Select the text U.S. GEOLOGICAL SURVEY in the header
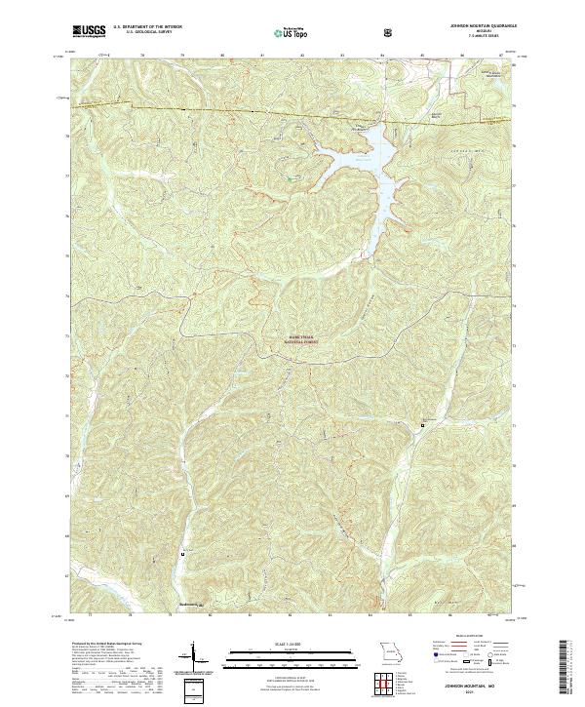(x=142, y=33)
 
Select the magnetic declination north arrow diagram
(x=193, y=659)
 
